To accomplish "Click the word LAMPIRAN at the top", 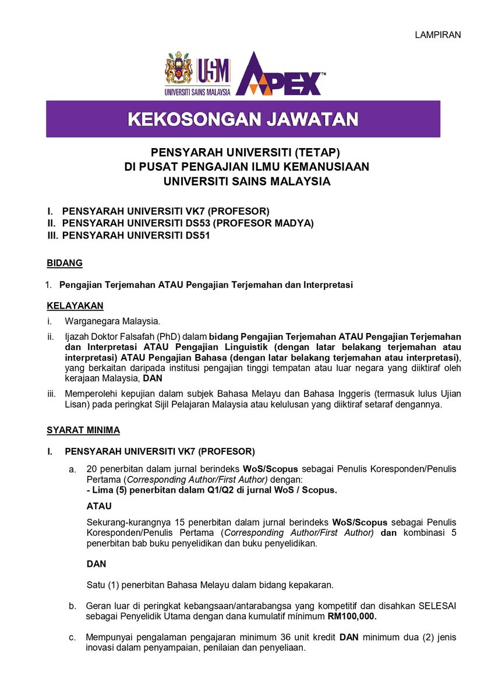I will (437, 35).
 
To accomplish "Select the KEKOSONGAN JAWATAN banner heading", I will (243, 120).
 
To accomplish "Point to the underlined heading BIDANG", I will (65, 264).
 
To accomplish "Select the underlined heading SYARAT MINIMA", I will (83, 430).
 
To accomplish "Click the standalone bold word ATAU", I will (99, 506).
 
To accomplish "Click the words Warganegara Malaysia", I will (112, 321).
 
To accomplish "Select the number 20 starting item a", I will (91, 469).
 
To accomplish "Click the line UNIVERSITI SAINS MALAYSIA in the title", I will (247, 181).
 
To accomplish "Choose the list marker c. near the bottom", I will (72, 637).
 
